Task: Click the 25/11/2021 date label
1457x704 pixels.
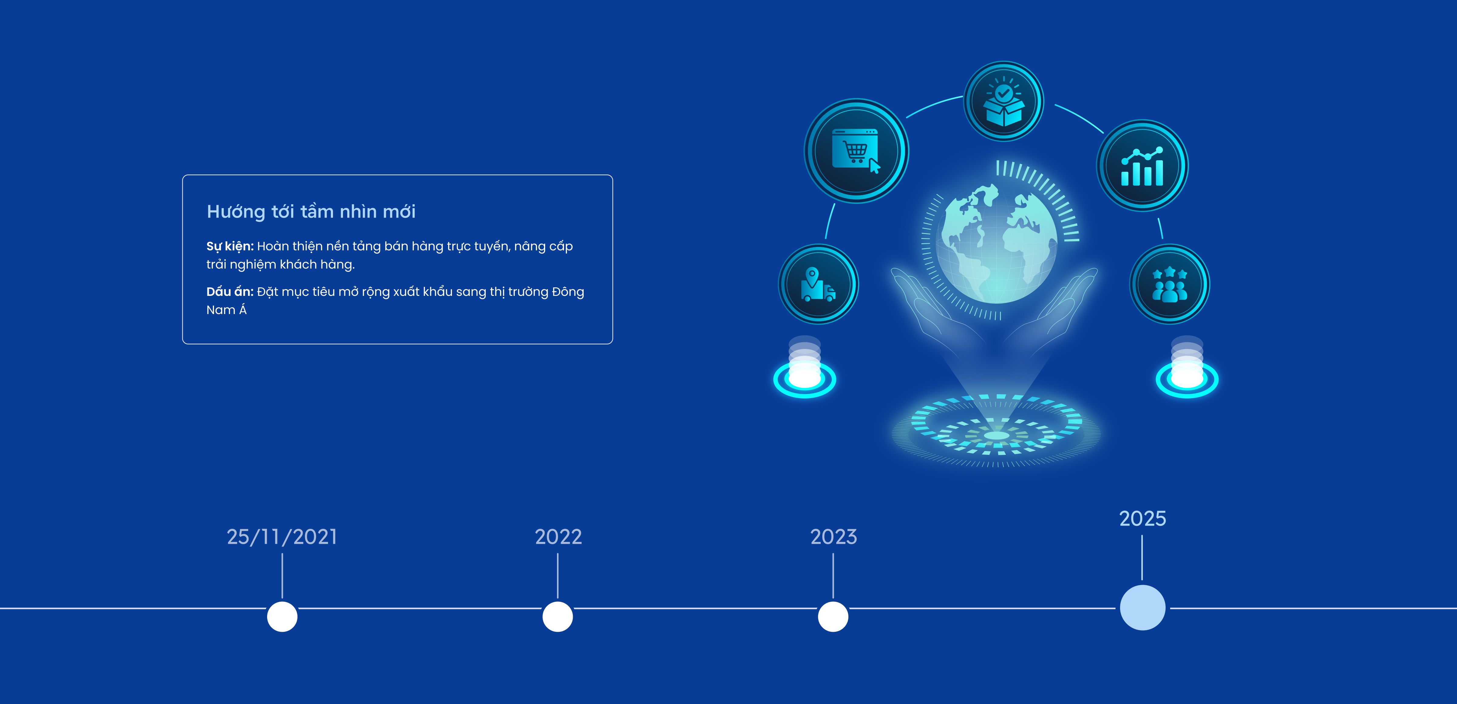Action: click(282, 536)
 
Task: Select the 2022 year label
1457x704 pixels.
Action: click(558, 536)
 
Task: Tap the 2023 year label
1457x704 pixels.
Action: click(834, 536)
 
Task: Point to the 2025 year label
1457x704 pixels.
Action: click(1143, 519)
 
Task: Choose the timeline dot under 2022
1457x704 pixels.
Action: click(558, 616)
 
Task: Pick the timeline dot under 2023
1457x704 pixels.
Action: click(833, 616)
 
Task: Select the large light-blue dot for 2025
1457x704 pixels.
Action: click(1143, 608)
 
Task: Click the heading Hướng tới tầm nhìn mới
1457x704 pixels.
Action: click(311, 212)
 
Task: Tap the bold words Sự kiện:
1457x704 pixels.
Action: click(230, 246)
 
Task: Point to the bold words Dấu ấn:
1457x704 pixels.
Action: click(230, 292)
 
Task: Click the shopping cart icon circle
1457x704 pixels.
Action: click(856, 151)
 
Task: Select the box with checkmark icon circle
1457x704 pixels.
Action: click(1004, 101)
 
